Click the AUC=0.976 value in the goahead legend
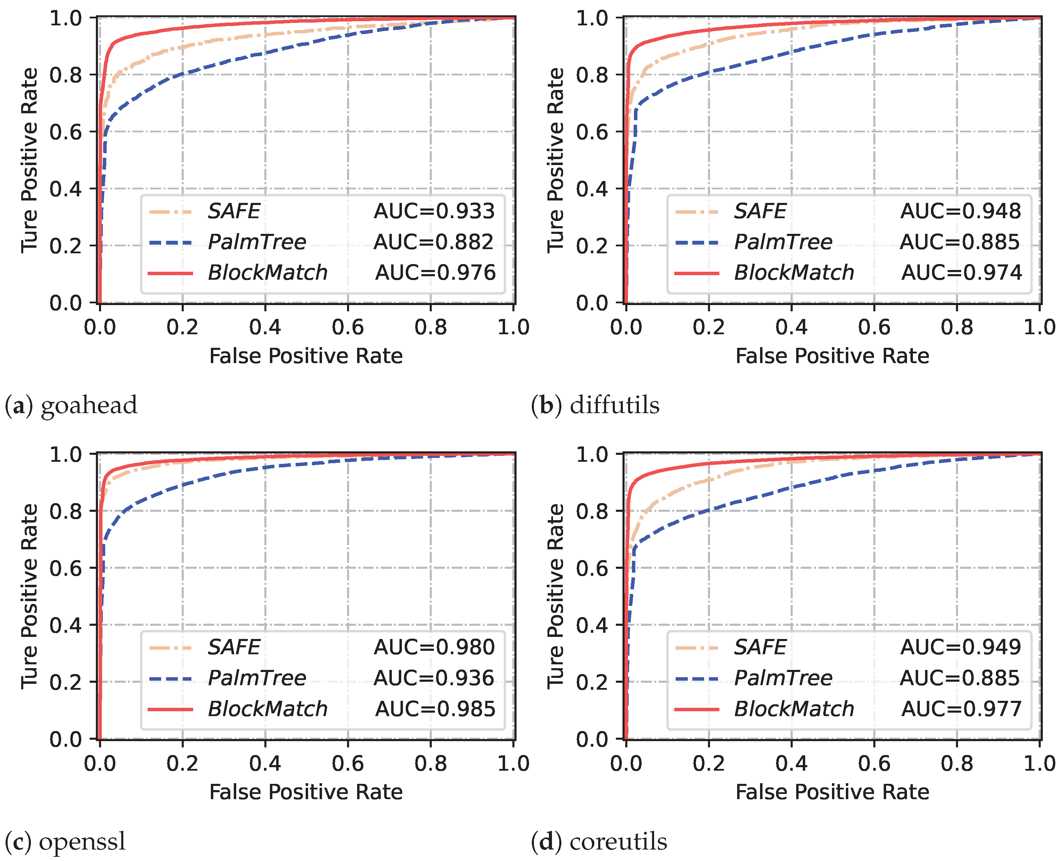[x=435, y=273]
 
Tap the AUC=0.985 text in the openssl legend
[x=435, y=709]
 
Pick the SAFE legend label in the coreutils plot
[x=760, y=647]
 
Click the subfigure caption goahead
[x=88, y=405]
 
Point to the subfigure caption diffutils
[x=614, y=405]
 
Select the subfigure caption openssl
[x=82, y=842]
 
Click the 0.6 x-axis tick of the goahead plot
[x=348, y=327]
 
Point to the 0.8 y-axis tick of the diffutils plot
[x=592, y=75]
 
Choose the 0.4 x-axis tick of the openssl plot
[x=265, y=764]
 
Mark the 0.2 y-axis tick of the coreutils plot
[x=592, y=682]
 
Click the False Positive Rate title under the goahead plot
[x=306, y=356]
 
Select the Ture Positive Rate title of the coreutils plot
[x=556, y=596]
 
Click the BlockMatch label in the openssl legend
[x=268, y=709]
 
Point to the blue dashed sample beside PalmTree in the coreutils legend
[x=696, y=679]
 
